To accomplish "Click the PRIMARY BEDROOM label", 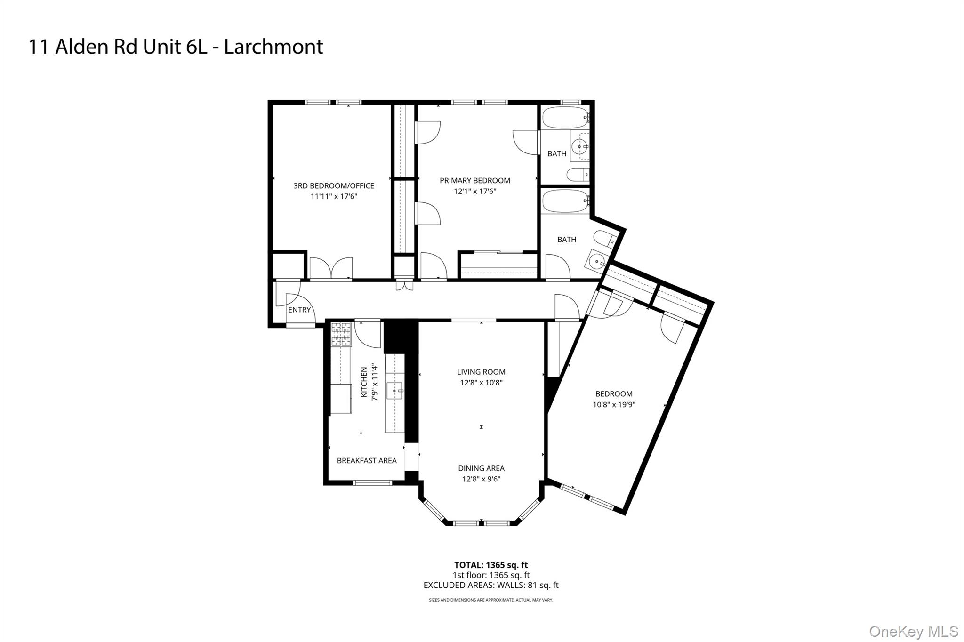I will (x=474, y=180).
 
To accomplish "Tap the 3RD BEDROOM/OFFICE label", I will (x=334, y=185).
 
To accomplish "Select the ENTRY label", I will (x=299, y=310).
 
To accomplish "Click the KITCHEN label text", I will (x=364, y=382).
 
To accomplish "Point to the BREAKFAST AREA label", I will (x=367, y=460).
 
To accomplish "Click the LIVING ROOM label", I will (x=481, y=372).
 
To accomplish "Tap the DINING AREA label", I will (x=481, y=468).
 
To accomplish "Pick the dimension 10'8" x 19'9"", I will (x=614, y=404).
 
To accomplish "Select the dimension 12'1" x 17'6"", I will (x=474, y=191).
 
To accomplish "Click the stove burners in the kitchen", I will (x=341, y=334).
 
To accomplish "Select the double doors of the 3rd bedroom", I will (x=331, y=269).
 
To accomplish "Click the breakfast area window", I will (x=372, y=482).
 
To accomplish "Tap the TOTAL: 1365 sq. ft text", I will (x=490, y=565).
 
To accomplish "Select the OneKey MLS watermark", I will (x=913, y=631).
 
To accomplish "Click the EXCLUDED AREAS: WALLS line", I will (x=490, y=586).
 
